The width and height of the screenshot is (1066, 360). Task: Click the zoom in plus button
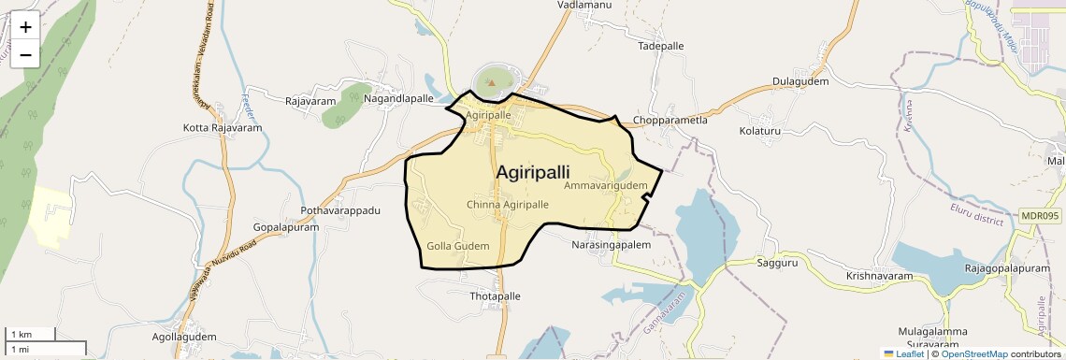click(x=25, y=27)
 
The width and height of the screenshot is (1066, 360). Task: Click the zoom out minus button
click(x=25, y=54)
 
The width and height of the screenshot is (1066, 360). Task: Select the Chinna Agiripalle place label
click(x=507, y=204)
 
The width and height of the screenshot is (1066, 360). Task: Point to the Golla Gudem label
click(x=458, y=245)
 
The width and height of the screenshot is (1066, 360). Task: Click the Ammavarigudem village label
click(x=606, y=186)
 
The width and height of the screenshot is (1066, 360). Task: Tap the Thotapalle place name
click(x=494, y=295)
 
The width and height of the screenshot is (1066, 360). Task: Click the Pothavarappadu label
click(x=340, y=210)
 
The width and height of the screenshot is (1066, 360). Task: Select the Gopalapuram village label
click(x=287, y=227)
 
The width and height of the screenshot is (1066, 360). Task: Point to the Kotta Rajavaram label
click(x=223, y=127)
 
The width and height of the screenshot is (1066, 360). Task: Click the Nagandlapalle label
click(x=398, y=98)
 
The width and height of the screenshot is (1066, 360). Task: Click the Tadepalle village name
click(x=661, y=45)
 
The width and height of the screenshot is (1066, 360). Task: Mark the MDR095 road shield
click(x=1040, y=216)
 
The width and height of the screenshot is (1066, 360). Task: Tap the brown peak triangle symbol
click(x=492, y=83)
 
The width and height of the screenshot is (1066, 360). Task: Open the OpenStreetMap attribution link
click(x=973, y=353)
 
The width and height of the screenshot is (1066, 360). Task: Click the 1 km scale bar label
click(x=21, y=334)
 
